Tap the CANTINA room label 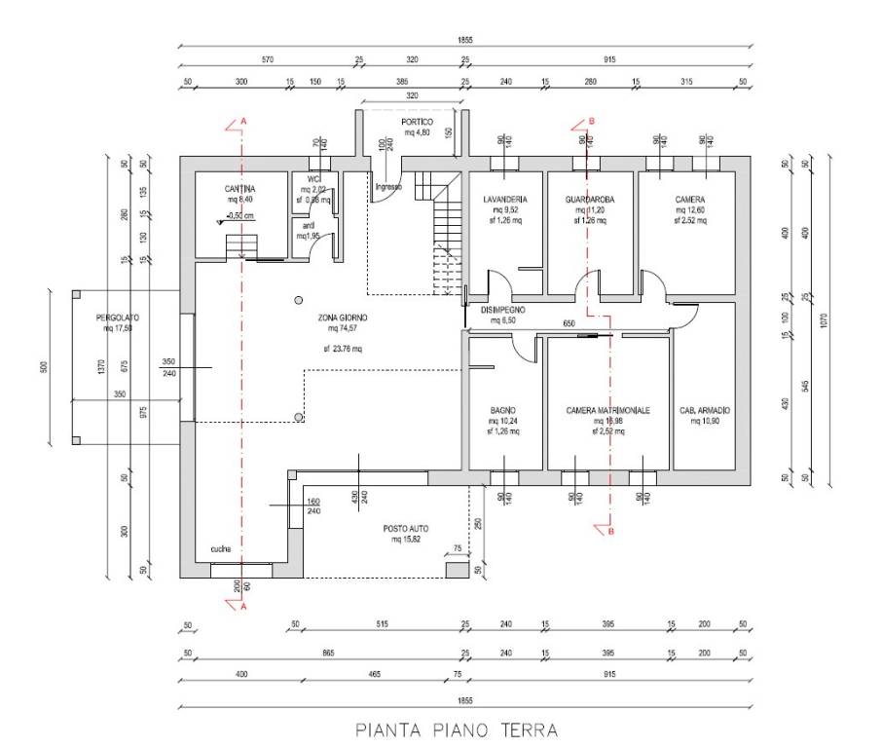tap(239, 188)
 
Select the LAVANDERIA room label tap(504, 199)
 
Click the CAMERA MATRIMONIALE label tap(607, 411)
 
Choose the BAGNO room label tap(503, 411)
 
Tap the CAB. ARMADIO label tap(704, 411)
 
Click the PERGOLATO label tap(116, 318)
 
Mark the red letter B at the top tap(591, 122)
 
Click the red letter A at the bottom tap(242, 605)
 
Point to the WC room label tap(314, 179)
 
